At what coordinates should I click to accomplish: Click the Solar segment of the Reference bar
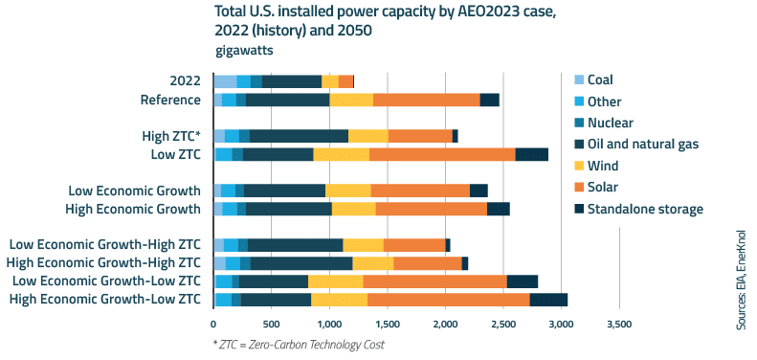click(426, 100)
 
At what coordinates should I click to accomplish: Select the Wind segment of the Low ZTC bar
click(341, 154)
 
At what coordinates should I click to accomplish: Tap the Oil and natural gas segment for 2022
click(292, 81)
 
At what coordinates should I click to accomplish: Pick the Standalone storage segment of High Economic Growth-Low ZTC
click(548, 300)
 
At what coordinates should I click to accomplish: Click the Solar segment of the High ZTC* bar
click(420, 136)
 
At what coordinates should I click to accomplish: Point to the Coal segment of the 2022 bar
click(225, 81)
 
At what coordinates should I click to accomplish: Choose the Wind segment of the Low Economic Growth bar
click(347, 191)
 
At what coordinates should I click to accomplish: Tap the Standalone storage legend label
click(645, 209)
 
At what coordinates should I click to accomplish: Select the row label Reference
click(170, 100)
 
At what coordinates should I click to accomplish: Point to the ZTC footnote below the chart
click(298, 344)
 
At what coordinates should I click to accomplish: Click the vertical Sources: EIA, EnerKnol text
click(742, 279)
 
